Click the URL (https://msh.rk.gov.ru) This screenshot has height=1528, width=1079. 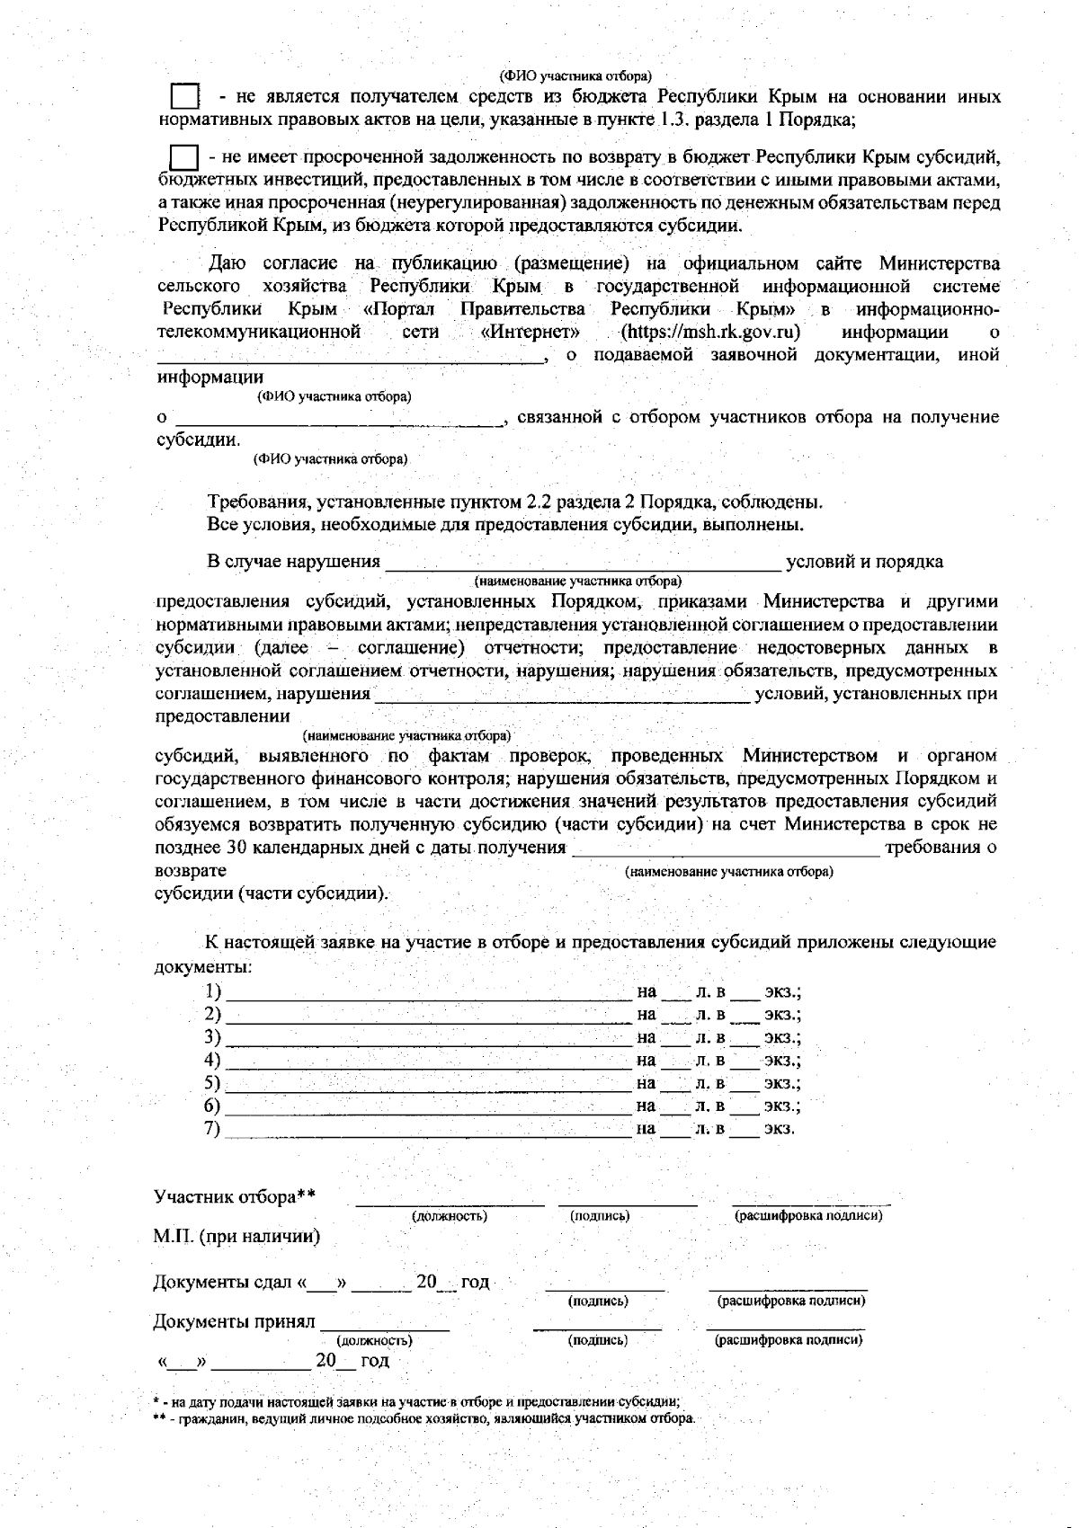pos(710,332)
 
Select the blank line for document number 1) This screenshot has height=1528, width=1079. pos(428,993)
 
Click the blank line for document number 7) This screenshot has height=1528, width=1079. pos(428,1130)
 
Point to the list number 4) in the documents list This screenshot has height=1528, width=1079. pos(213,1060)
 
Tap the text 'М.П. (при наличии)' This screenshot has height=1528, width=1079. pos(236,1236)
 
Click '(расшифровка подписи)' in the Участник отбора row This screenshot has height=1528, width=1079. pos(808,1216)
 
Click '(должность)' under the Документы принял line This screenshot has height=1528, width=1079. pos(374,1340)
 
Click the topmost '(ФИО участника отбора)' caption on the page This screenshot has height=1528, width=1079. pos(575,76)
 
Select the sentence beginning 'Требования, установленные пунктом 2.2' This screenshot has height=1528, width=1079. pos(514,502)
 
